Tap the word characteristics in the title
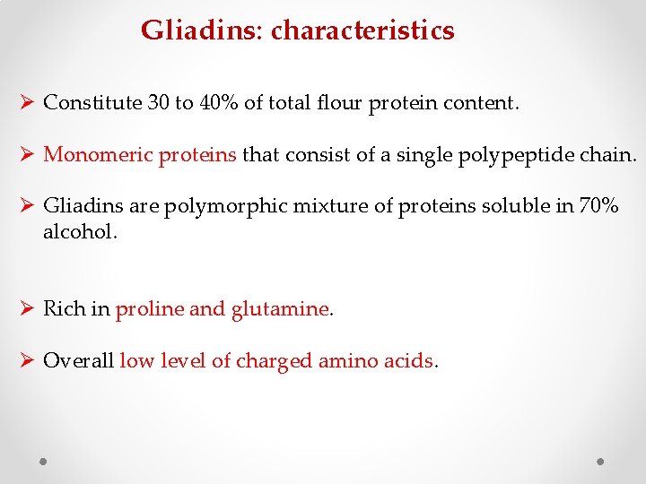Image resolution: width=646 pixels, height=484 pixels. pyautogui.click(x=362, y=31)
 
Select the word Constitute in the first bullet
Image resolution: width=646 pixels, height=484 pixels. pyautogui.click(x=92, y=103)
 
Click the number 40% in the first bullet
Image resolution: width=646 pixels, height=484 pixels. pyautogui.click(x=218, y=103)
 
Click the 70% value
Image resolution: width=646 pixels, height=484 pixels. pyautogui.click(x=598, y=206)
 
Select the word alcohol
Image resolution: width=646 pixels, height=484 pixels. pyautogui.click(x=79, y=232)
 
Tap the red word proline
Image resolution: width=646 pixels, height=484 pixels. pyautogui.click(x=150, y=309)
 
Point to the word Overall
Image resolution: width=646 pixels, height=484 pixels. pyautogui.click(x=79, y=361)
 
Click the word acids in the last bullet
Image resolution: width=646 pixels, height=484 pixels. pyautogui.click(x=410, y=361)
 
